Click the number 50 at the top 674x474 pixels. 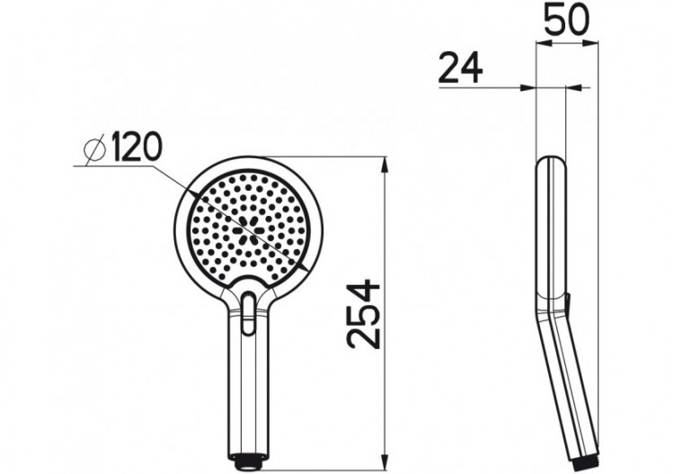coord(566,20)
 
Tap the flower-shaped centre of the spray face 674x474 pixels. coord(245,229)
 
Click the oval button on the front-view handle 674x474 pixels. coord(249,309)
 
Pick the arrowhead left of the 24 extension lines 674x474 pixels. coord(528,87)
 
